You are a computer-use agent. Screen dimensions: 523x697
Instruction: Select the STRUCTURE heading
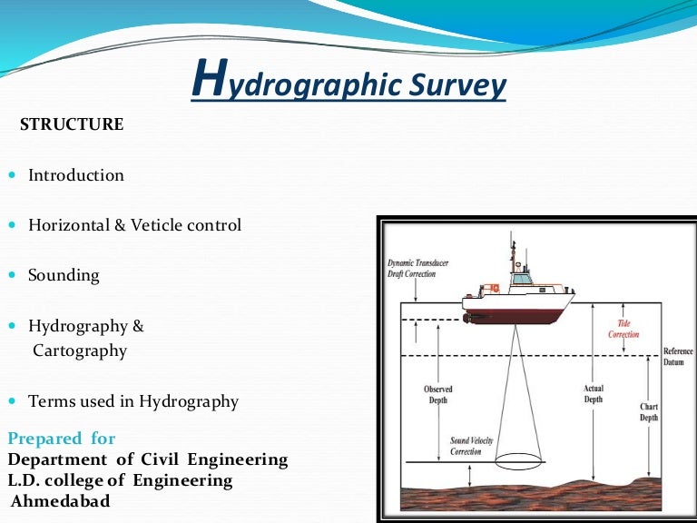[72, 125]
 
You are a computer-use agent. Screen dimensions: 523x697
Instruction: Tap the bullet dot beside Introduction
[12, 175]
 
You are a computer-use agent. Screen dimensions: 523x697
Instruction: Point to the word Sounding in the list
[64, 274]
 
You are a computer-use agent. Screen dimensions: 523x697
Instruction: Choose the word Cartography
[80, 350]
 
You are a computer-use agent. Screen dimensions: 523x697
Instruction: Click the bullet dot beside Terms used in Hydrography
[12, 401]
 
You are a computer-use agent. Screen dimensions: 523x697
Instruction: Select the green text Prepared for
[62, 439]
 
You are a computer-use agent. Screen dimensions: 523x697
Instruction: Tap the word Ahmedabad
[60, 500]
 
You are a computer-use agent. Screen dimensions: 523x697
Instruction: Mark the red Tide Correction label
[623, 329]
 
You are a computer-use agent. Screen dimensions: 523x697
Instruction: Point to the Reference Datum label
[678, 357]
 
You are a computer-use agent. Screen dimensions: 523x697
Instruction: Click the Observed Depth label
[437, 395]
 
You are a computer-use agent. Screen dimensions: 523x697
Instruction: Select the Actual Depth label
[594, 393]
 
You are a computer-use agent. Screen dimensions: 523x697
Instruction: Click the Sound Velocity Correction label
[472, 446]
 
